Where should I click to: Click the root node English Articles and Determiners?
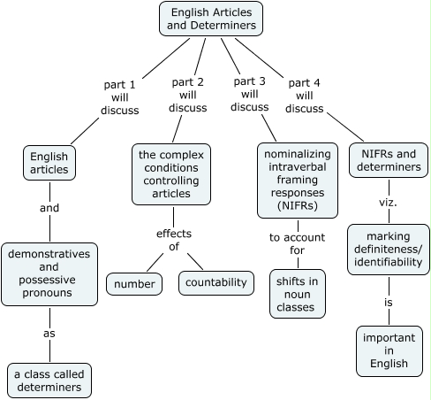(212, 19)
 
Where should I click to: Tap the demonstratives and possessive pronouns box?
(49, 274)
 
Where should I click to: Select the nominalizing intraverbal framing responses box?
(298, 180)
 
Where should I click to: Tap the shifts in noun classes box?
(298, 292)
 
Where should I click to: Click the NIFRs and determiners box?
(388, 160)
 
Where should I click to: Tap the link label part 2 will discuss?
(186, 95)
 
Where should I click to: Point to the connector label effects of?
(174, 240)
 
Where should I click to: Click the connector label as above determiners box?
(49, 334)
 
